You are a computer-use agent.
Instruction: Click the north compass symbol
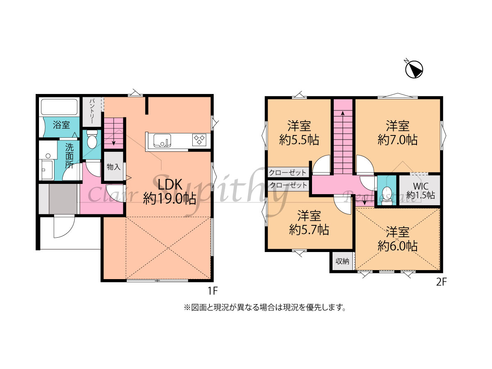[414, 69]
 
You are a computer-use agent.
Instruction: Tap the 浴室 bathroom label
[61, 125]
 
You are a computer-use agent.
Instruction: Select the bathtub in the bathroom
[59, 107]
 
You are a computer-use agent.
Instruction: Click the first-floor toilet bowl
[92, 140]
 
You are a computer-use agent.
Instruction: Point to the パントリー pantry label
[92, 111]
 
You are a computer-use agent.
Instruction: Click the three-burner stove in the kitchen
[199, 140]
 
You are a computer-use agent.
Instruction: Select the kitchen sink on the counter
[162, 140]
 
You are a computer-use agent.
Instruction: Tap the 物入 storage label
[114, 167]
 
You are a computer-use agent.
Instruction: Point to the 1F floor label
[213, 291]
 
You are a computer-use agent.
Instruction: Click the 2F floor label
[441, 282]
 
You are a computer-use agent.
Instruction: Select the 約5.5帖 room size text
[299, 140]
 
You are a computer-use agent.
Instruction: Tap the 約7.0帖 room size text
[397, 140]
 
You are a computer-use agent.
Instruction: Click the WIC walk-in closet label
[421, 186]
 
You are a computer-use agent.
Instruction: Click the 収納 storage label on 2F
[342, 261]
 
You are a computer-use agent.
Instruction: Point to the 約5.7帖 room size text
[309, 230]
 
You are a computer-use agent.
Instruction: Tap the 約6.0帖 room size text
[397, 246]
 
